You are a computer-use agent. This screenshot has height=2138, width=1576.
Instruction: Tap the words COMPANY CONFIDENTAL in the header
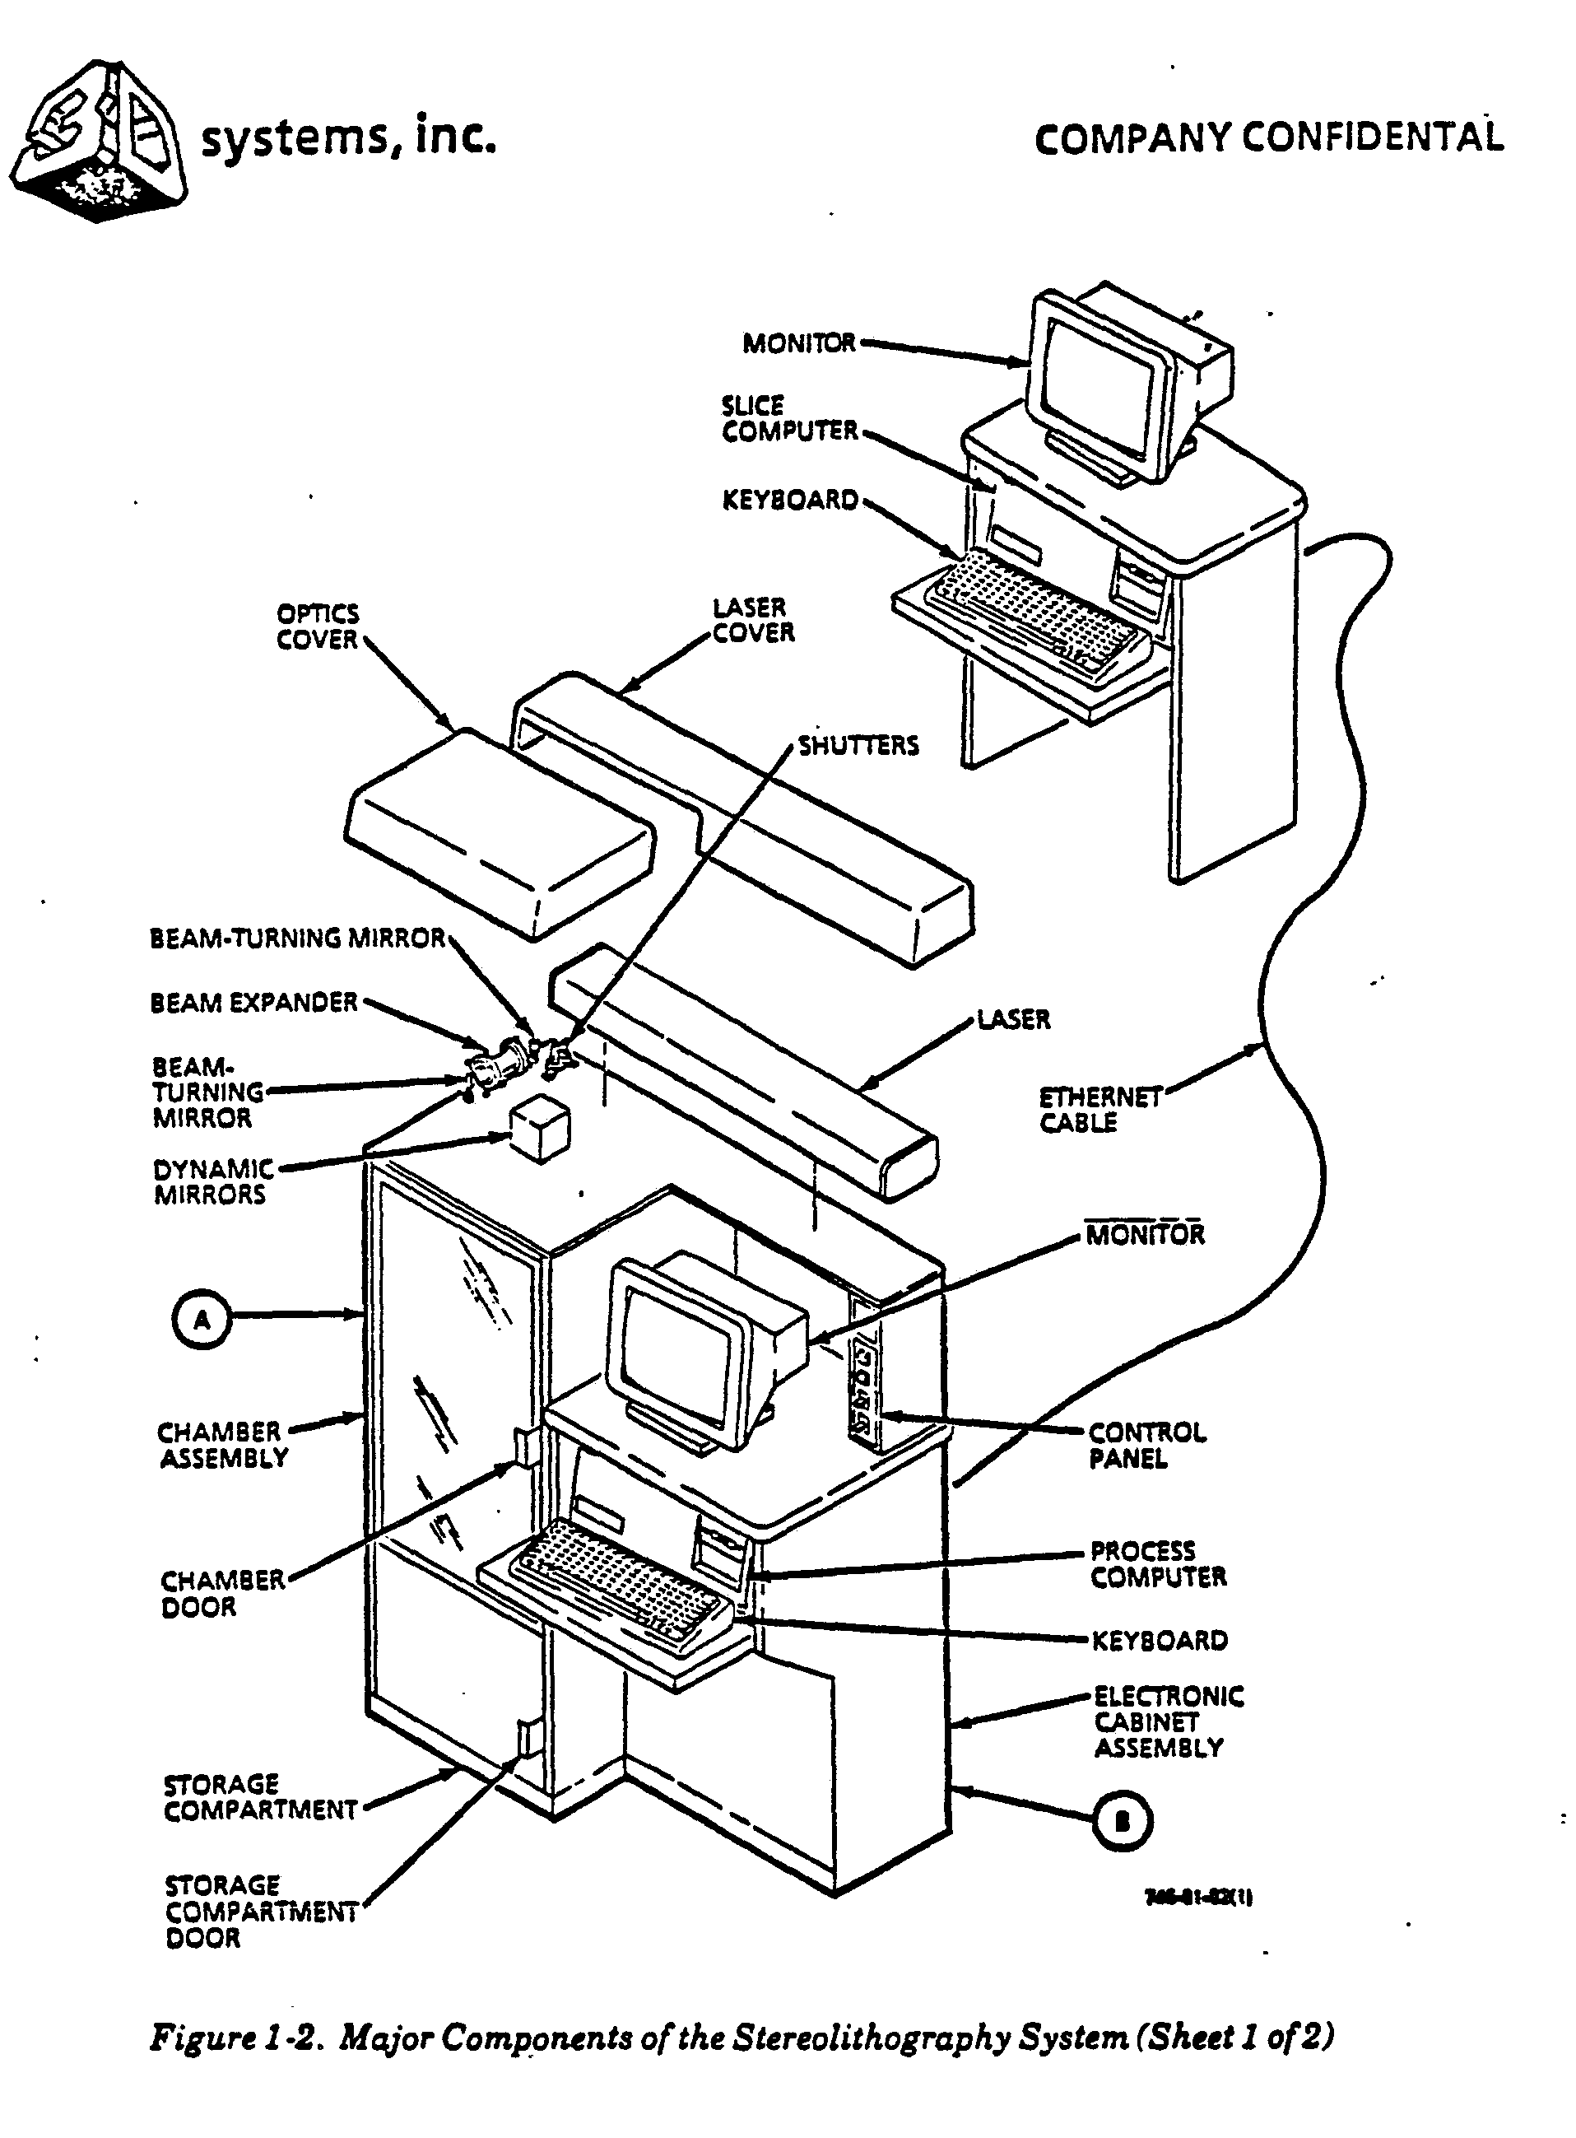[x=1269, y=138]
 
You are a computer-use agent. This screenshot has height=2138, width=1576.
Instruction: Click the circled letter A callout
[x=202, y=1319]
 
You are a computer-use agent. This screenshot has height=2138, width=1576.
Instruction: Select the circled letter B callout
[x=1122, y=1821]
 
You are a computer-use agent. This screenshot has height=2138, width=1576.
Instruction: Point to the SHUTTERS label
[x=858, y=746]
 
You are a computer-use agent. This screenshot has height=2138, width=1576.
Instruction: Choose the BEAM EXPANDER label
[x=253, y=1003]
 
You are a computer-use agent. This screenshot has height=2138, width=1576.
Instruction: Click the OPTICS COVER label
[x=318, y=626]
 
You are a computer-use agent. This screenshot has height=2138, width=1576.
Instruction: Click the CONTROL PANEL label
[x=1146, y=1446]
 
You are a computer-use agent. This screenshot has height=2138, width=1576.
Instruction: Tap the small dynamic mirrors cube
[x=541, y=1130]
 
